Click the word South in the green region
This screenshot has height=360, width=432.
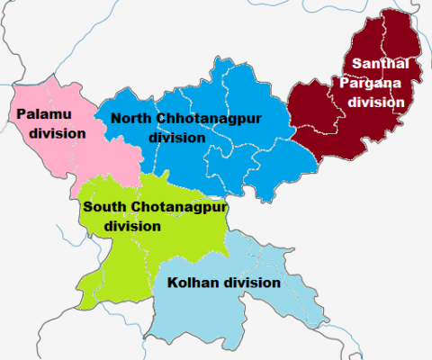pos(103,207)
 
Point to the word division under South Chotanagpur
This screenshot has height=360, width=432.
pos(132,226)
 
